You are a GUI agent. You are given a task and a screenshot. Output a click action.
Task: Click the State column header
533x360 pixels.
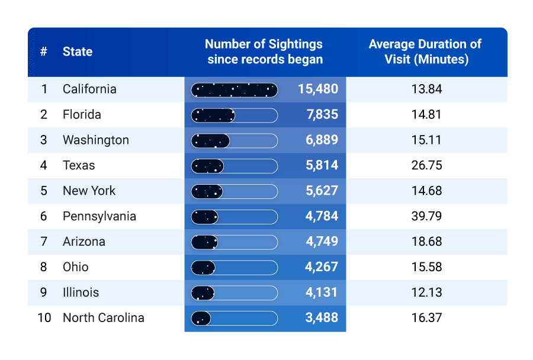[78, 52]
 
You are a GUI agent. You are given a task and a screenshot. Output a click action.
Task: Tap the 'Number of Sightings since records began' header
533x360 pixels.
[264, 52]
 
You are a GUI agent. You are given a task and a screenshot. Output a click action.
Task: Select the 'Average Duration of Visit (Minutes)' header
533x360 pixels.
[426, 52]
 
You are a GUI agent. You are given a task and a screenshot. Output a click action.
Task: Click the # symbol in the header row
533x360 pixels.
[44, 52]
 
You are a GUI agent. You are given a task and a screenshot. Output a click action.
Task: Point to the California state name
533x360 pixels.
[89, 89]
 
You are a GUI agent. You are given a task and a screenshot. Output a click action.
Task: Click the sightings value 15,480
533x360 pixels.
[318, 89]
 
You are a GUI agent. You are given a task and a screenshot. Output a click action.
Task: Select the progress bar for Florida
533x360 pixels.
[234, 115]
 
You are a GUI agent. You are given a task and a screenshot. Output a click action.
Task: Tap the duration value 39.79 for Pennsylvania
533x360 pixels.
[426, 216]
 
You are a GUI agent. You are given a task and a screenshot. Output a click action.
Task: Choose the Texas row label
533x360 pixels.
[79, 166]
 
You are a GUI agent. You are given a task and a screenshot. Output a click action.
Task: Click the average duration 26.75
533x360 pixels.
[426, 166]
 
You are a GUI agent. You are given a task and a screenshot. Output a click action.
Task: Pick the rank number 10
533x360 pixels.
[44, 318]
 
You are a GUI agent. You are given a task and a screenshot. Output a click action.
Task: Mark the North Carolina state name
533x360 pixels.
[104, 318]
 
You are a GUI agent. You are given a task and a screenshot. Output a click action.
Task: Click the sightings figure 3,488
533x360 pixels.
[322, 318]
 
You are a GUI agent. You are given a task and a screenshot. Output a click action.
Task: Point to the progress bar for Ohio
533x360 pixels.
[234, 268]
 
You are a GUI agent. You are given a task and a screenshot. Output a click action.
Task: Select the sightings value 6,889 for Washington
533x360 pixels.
[322, 140]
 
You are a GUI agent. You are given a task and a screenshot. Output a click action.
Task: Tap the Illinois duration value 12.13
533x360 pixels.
[426, 292]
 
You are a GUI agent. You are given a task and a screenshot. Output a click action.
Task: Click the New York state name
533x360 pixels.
[89, 191]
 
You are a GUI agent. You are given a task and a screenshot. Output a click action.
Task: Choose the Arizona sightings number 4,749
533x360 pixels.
[322, 242]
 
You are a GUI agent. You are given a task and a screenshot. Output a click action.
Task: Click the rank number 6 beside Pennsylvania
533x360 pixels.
[44, 216]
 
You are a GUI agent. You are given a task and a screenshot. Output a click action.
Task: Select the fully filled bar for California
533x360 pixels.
[234, 90]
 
